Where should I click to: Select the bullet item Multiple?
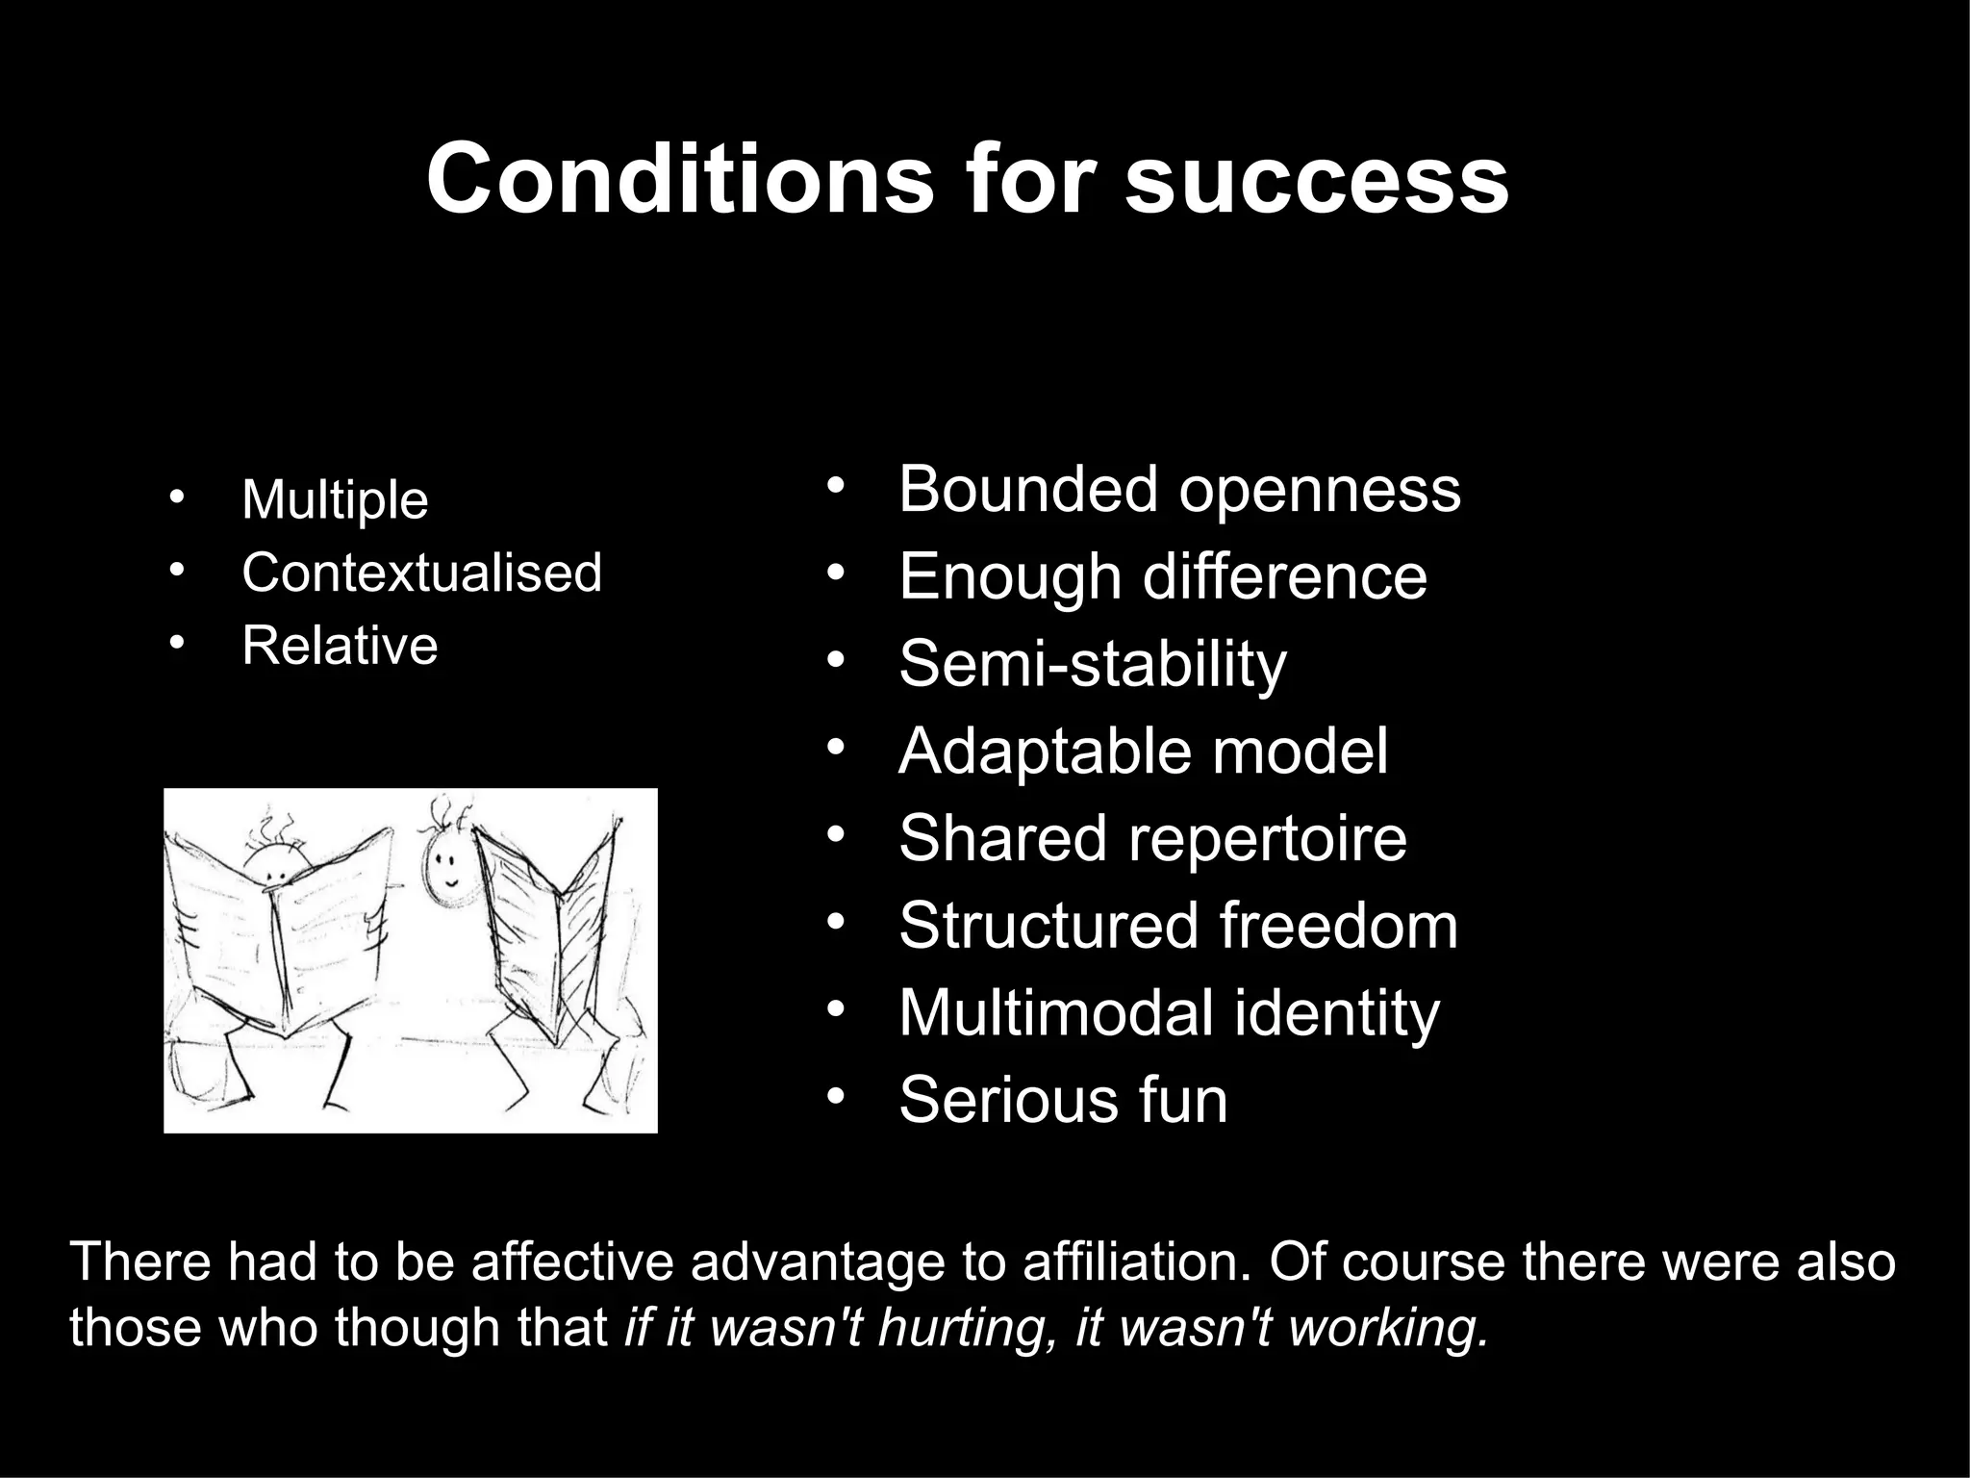pyautogui.click(x=335, y=499)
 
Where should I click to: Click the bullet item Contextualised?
pyautogui.click(x=421, y=573)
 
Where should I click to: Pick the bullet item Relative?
pyautogui.click(x=340, y=645)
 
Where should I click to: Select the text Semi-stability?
pyautogui.click(x=1092, y=664)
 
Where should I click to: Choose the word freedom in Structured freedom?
pyautogui.click(x=1338, y=926)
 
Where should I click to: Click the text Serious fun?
pyautogui.click(x=1063, y=1100)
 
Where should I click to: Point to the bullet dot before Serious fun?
pyautogui.click(x=834, y=1096)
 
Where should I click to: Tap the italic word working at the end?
pyautogui.click(x=1386, y=1329)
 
